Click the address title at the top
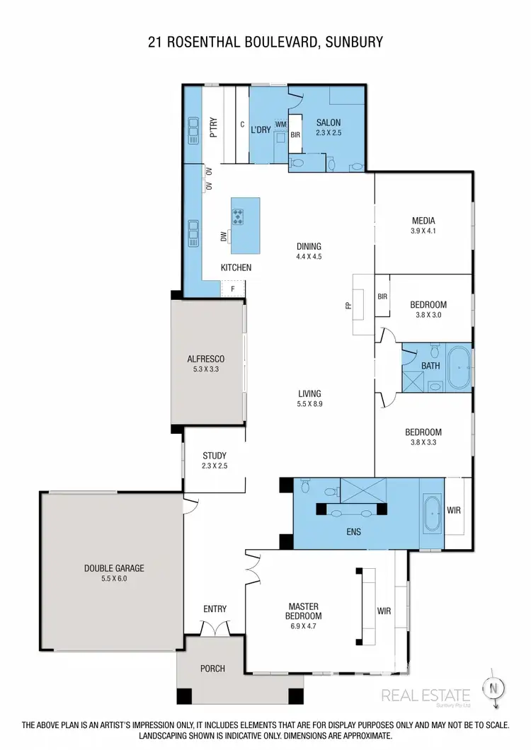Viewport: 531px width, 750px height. tap(265, 42)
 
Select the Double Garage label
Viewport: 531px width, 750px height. tap(115, 567)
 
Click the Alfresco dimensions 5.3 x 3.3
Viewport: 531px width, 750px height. tap(206, 369)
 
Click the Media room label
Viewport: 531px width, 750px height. tap(422, 220)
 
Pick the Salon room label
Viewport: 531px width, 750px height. tap(328, 122)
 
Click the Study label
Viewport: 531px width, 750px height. tap(214, 456)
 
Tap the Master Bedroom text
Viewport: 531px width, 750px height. tap(304, 611)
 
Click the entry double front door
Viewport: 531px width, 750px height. tap(215, 628)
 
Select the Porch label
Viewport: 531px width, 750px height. tap(212, 669)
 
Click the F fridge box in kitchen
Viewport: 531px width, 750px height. tap(232, 289)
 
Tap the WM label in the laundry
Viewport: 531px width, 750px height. tap(280, 125)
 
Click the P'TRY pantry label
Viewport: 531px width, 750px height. tap(212, 127)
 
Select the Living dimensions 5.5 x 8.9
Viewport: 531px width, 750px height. tap(309, 404)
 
